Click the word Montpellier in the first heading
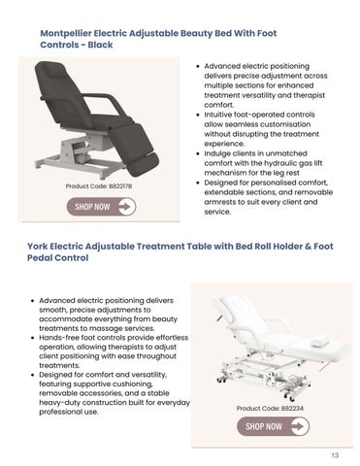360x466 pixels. coord(66,33)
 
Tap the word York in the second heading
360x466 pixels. coord(38,247)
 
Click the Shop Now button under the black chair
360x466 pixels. coord(101,207)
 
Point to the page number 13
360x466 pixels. coord(335,455)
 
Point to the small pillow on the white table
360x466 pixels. coord(319,342)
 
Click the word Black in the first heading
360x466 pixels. coord(100,45)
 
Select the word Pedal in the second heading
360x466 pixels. coord(40,258)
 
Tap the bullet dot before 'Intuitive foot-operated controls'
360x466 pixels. coord(198,116)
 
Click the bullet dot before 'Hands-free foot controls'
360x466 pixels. coord(33,338)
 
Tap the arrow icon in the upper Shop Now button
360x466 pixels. coord(126,207)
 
